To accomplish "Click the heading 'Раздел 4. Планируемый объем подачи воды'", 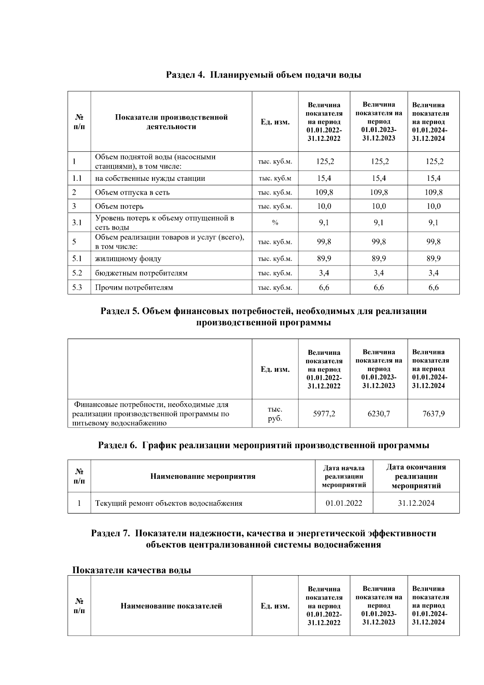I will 263,75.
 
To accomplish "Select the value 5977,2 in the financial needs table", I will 324,414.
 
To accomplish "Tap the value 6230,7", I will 378,414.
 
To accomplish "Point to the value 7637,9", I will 433,414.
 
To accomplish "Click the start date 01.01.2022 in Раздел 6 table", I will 344,503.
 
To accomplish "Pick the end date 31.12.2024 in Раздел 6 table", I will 416,503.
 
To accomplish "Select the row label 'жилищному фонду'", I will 128,259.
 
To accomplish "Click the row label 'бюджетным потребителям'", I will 141,273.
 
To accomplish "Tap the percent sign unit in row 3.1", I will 275,223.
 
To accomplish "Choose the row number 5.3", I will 77,288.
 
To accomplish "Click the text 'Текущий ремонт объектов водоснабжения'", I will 169,503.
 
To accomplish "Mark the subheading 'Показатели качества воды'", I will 131,570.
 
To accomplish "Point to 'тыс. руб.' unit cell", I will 275,414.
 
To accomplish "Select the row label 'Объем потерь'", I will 119,207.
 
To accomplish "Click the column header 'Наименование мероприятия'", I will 202,476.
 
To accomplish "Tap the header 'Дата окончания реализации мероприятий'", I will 416,476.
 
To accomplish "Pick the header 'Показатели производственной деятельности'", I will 171,122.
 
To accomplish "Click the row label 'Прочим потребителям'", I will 134,288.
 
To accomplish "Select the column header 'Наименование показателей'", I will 171,606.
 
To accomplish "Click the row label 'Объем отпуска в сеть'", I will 132,193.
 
